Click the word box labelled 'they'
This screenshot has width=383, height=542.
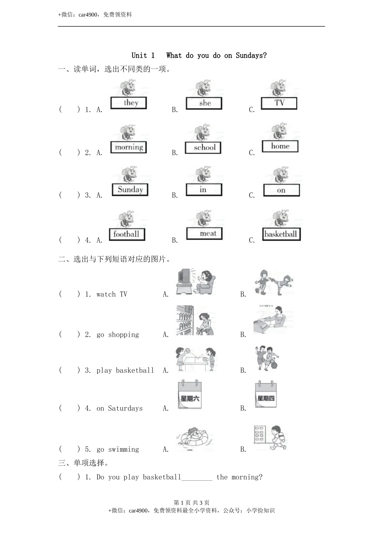point(129,103)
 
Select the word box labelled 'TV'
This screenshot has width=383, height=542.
point(279,103)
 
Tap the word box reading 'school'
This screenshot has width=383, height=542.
point(203,148)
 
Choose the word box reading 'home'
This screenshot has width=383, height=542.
point(280,146)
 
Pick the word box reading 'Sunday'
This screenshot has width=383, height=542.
point(130,190)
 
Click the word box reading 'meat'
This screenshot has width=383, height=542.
point(204,233)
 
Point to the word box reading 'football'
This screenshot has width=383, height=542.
point(127,234)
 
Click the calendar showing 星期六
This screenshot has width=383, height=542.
point(189,395)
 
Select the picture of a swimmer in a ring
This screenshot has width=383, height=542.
point(194,438)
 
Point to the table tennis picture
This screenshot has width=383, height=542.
point(196,359)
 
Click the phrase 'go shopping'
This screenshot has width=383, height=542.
point(118,335)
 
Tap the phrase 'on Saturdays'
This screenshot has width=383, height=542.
point(119,409)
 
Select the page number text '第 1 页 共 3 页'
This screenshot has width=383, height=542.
point(191,502)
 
